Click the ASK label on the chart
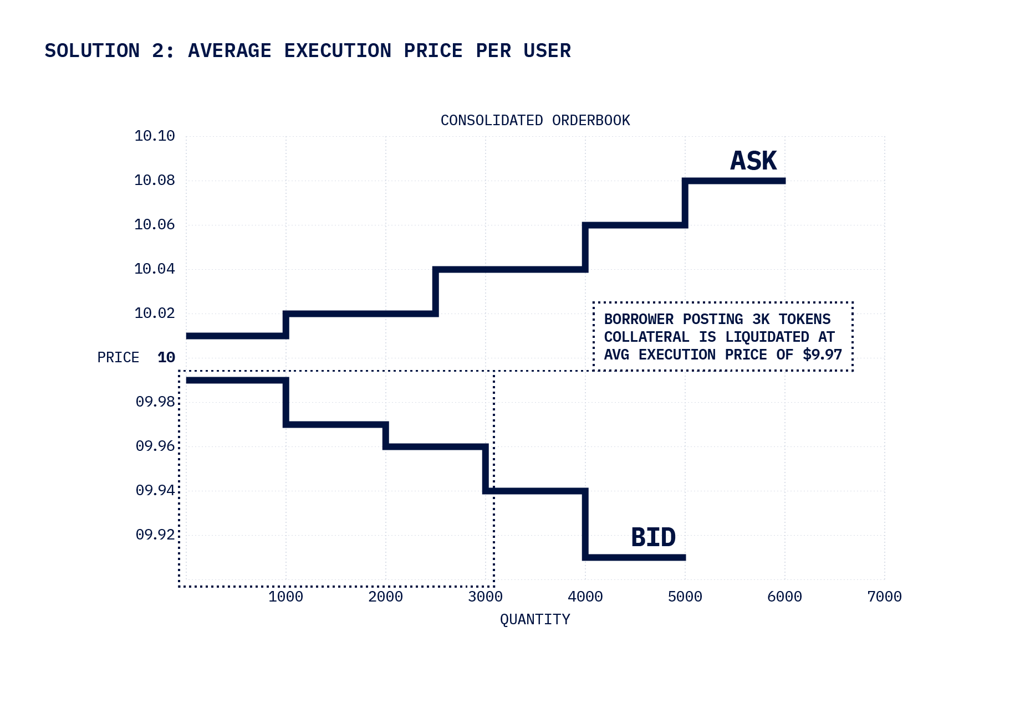753,161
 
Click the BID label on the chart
653,537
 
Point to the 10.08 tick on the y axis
154,181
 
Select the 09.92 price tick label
155,535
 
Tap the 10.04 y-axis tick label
154,269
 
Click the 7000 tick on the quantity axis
884,597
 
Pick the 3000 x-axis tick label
485,597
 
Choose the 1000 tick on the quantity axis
285,597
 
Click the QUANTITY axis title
535,620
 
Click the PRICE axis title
118,358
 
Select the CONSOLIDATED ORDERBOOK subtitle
535,121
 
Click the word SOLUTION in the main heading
92,51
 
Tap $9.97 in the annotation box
822,355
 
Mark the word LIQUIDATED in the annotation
767,337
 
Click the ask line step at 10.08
735,181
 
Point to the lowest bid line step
635,557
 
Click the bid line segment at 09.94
535,491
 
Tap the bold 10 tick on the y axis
166,358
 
